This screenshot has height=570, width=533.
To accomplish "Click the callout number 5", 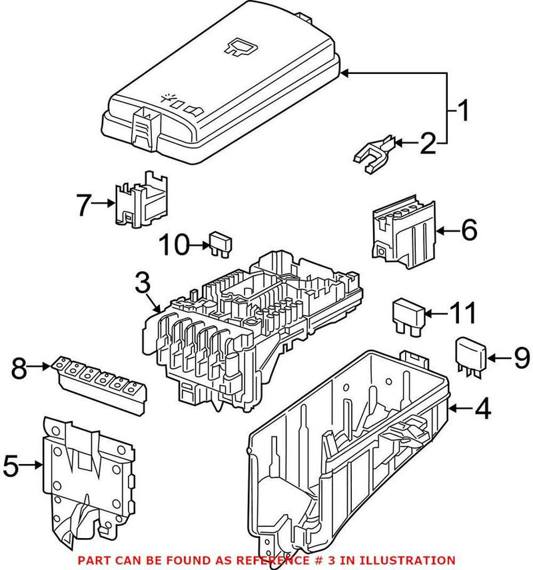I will pyautogui.click(x=11, y=465).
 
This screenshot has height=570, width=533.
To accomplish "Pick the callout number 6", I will pyautogui.click(x=468, y=231).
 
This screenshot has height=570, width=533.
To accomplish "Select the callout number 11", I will pyautogui.click(x=461, y=312).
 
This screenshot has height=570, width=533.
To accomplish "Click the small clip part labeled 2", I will pyautogui.click(x=372, y=154).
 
